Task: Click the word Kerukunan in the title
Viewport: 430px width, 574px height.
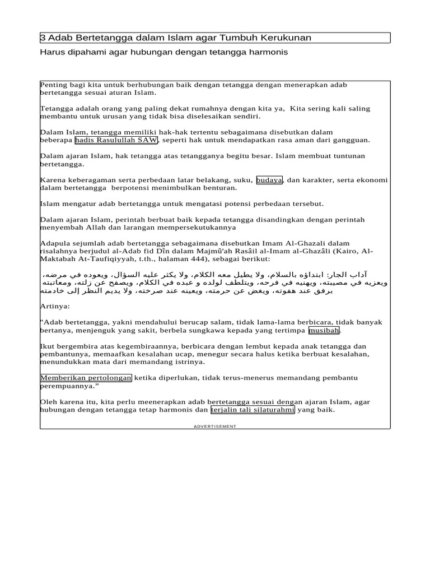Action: (284, 38)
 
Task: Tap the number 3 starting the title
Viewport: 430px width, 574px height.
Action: (43, 38)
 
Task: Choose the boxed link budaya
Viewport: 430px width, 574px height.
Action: (269, 180)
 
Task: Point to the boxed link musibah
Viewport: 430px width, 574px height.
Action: (324, 330)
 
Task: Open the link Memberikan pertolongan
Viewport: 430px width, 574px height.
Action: (86, 378)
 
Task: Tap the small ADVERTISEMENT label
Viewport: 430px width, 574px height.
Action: (215, 427)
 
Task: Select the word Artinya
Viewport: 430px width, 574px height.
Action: (55, 307)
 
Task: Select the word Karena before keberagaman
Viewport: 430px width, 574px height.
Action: (53, 180)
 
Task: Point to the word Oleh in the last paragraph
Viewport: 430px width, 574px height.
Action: (49, 402)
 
